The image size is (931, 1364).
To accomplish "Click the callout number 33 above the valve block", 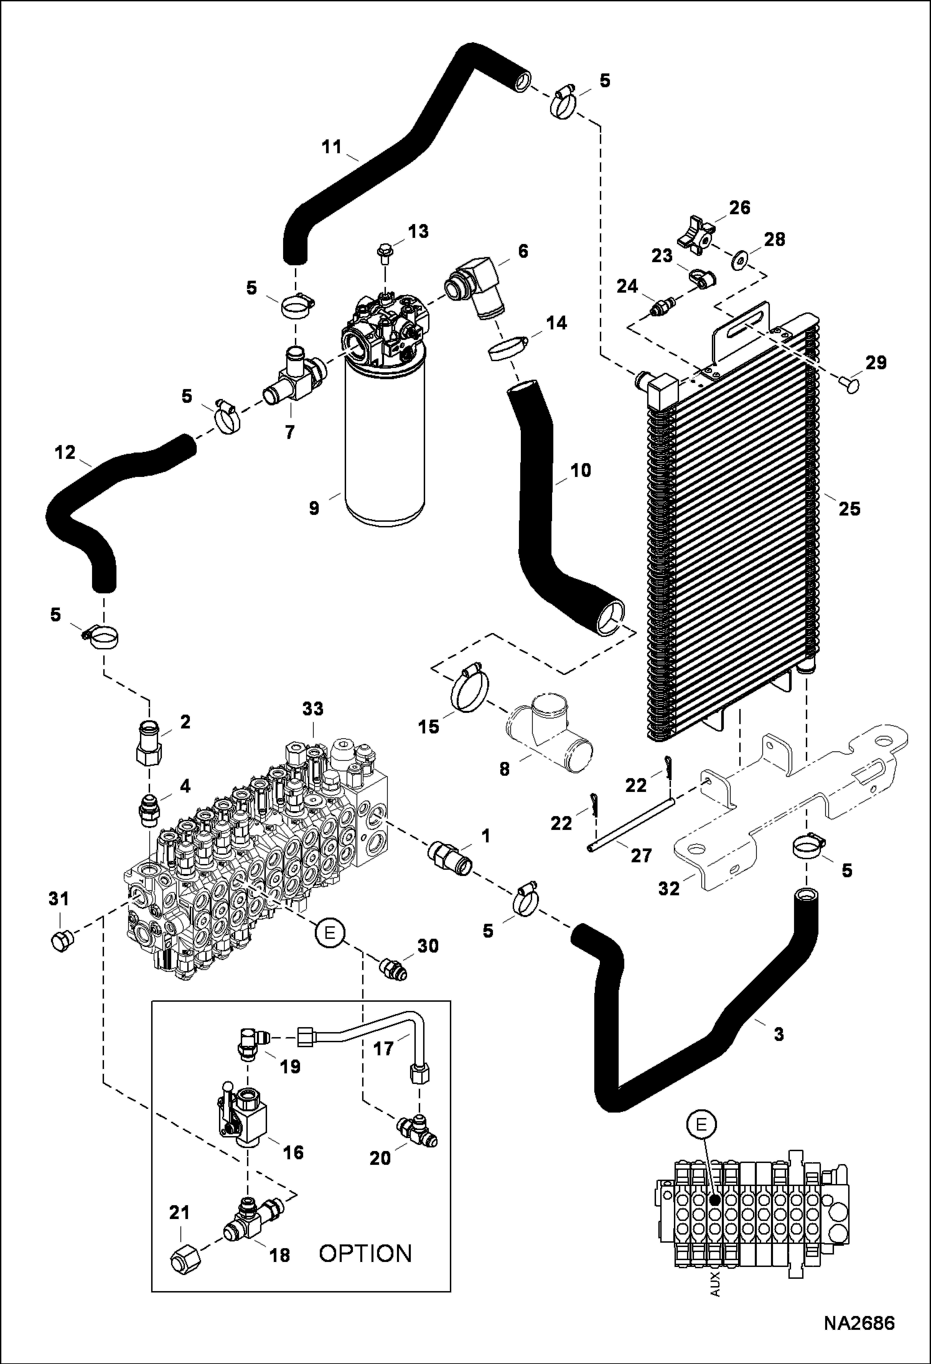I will point(313,708).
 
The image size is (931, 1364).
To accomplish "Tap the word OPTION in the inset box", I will point(365,1253).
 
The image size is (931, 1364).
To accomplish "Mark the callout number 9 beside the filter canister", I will point(314,509).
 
